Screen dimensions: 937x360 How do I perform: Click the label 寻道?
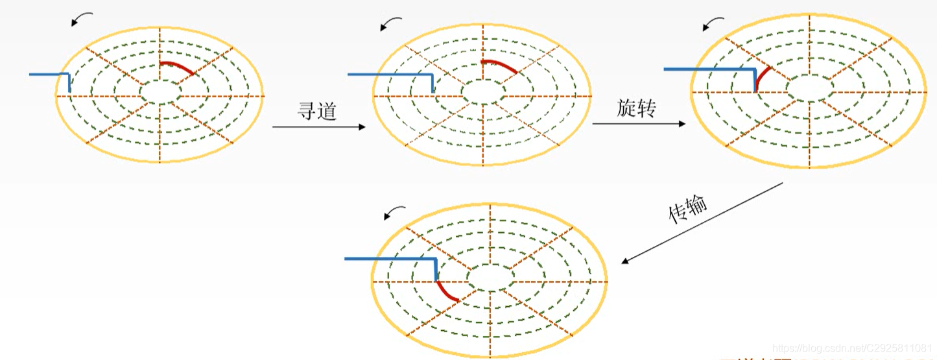pyautogui.click(x=317, y=112)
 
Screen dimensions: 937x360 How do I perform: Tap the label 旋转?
pyautogui.click(x=636, y=108)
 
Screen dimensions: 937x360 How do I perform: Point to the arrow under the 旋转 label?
pyautogui.click(x=639, y=123)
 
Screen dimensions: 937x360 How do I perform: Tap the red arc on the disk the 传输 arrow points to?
pyautogui.click(x=446, y=291)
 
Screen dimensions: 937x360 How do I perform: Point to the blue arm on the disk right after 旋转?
pyautogui.click(x=710, y=69)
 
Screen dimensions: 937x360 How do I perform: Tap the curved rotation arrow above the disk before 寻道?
pyautogui.click(x=82, y=18)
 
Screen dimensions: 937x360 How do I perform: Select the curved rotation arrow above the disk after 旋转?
pyautogui.click(x=713, y=24)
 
